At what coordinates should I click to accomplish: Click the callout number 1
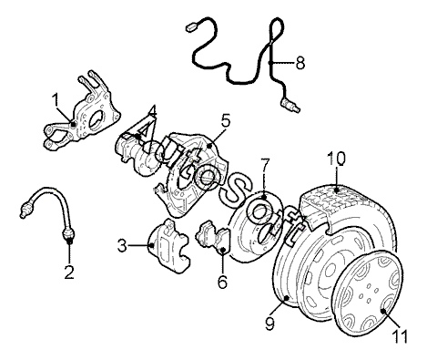click(56, 100)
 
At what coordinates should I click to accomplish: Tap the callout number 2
click(69, 273)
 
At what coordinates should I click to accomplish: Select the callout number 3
click(122, 245)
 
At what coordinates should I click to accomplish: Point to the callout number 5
click(225, 120)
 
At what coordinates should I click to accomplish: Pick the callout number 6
click(222, 282)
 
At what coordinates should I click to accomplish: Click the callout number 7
click(265, 165)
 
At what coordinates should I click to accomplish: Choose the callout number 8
click(300, 63)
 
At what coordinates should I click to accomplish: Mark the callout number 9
click(269, 324)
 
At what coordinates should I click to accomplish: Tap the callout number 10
click(336, 159)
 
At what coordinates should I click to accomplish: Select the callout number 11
click(399, 336)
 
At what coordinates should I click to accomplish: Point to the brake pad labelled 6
click(214, 237)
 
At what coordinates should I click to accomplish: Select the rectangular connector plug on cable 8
click(191, 27)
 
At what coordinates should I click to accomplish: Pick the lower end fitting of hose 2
click(68, 235)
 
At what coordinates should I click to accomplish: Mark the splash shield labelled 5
click(190, 174)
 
